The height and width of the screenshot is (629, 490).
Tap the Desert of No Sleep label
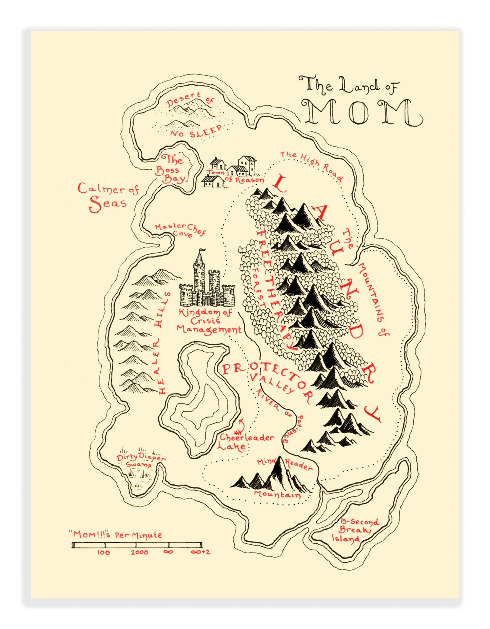coord(193,115)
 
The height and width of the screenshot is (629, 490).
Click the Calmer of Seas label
coord(108,197)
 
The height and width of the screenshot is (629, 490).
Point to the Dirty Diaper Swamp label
coord(140,460)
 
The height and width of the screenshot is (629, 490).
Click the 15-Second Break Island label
coord(354,530)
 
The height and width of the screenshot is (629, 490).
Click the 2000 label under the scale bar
coord(139,552)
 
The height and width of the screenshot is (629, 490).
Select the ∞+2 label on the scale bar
coord(200,552)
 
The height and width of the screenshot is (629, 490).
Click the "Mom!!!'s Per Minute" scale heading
coord(115,535)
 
